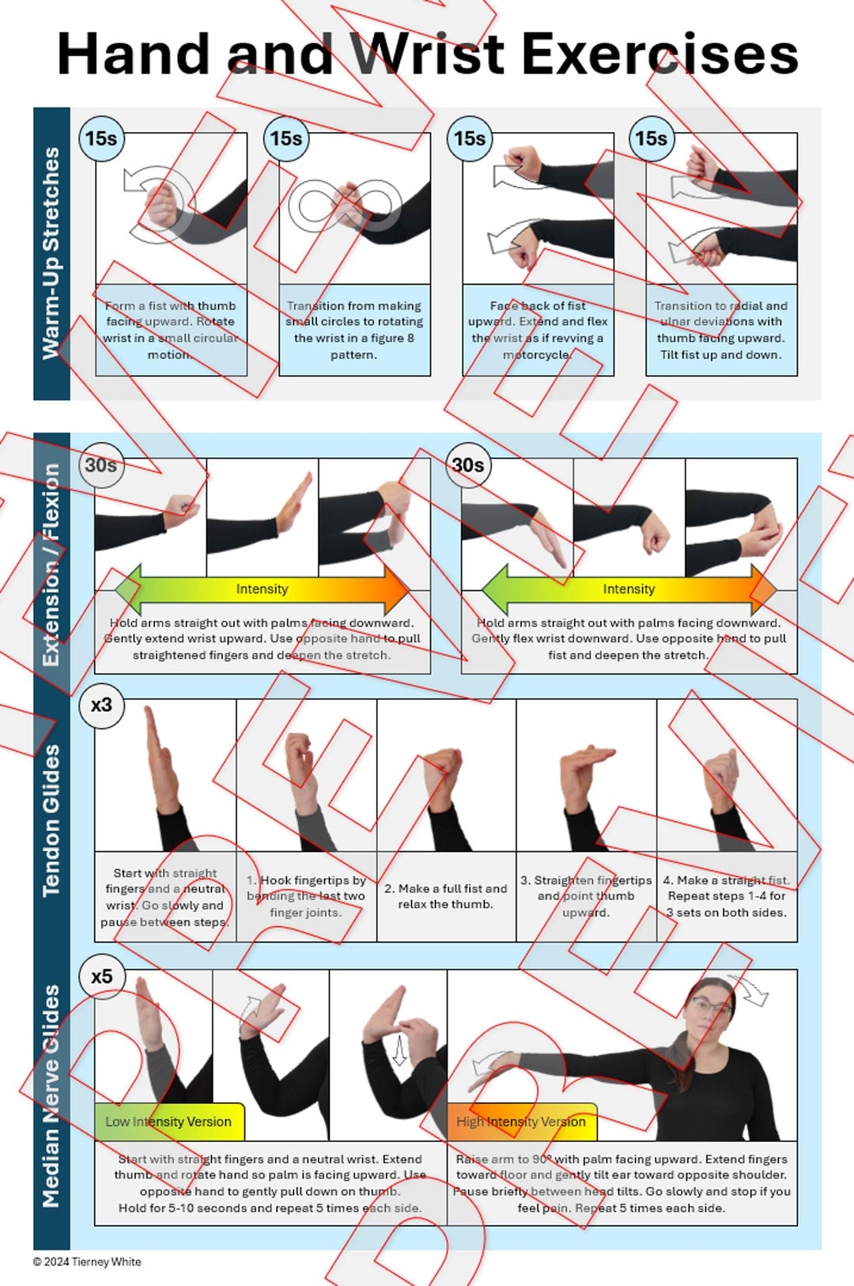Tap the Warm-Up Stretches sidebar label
click(51, 253)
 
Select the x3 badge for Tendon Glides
click(101, 705)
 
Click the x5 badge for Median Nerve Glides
click(101, 977)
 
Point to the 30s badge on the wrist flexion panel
click(467, 465)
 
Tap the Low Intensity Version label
click(168, 1121)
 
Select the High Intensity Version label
click(521, 1121)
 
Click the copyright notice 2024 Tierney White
click(87, 1261)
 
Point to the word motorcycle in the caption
click(538, 354)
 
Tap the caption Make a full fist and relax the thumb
click(446, 896)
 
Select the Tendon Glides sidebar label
click(51, 819)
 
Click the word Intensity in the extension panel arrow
click(262, 589)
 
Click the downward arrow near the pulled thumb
click(400, 1052)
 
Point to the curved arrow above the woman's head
click(749, 990)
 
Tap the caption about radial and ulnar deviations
click(721, 330)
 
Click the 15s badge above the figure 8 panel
click(285, 138)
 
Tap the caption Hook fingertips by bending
click(306, 896)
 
